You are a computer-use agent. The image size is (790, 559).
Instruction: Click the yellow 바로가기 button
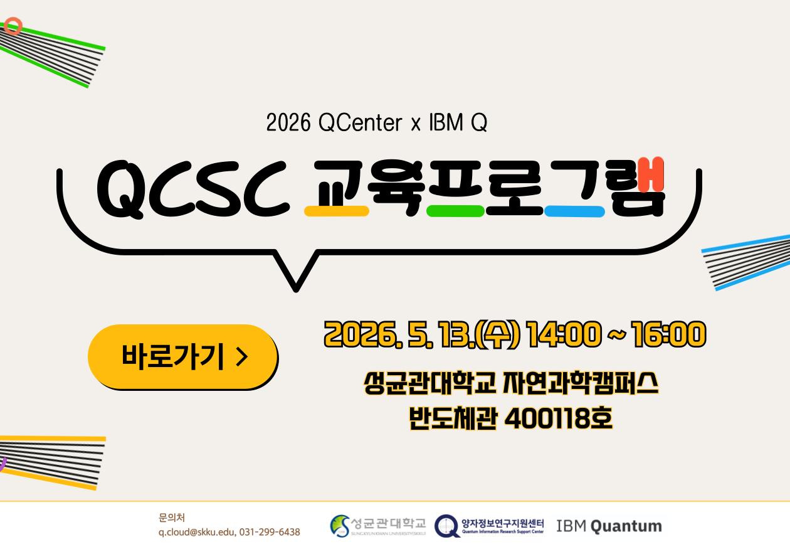pyautogui.click(x=182, y=356)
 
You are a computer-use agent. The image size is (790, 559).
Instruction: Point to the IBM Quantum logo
pyautogui.click(x=609, y=526)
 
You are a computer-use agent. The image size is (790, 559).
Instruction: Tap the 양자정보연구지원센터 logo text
pyautogui.click(x=502, y=523)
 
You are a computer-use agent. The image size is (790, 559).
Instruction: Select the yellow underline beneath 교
pyautogui.click(x=336, y=211)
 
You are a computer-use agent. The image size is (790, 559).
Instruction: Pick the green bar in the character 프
pyautogui.click(x=455, y=211)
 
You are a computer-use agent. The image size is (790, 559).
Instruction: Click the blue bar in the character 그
pyautogui.click(x=574, y=211)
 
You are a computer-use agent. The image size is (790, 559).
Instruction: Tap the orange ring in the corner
pyautogui.click(x=13, y=26)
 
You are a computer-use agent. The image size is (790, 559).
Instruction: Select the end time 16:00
pyautogui.click(x=669, y=334)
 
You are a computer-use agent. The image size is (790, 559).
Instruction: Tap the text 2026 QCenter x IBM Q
pyautogui.click(x=376, y=123)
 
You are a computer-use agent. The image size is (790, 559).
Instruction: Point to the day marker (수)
pyautogui.click(x=498, y=334)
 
